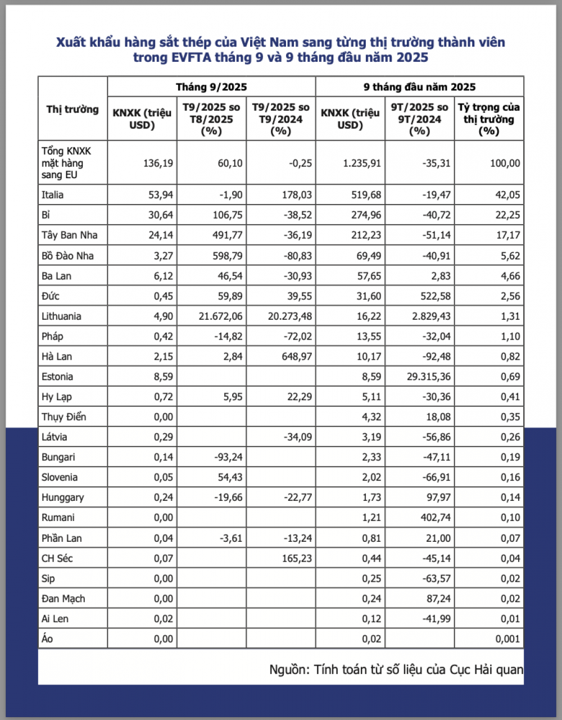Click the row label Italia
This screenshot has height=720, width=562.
coord(52,195)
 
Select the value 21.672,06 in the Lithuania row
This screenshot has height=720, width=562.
coord(221,316)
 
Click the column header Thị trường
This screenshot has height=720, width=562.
coord(72,109)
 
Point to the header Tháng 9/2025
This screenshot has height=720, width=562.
coord(211,87)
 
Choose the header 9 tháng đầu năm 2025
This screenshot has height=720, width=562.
coord(419,87)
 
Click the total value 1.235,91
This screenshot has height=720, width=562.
coord(362,163)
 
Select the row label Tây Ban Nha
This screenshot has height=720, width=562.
coord(69,235)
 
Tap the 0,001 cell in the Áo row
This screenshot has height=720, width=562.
coord(507,639)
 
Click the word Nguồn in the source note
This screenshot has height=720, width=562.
coord(289,669)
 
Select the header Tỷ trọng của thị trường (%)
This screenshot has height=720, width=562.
coord(489,119)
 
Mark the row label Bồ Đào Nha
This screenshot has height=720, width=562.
coord(67,256)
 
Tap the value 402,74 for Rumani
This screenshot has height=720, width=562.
coord(435,518)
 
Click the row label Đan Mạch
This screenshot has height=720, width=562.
coord(63,599)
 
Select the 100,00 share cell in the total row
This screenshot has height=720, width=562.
coord(505,163)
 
